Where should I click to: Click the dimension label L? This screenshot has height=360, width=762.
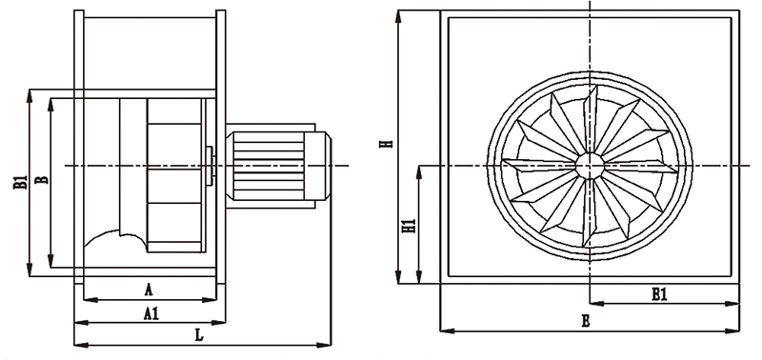[198, 334]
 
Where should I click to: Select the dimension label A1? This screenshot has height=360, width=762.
[151, 314]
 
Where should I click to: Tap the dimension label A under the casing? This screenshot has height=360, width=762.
[149, 290]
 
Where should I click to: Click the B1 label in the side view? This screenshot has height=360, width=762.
[20, 182]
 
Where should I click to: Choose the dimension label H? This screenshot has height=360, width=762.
[387, 144]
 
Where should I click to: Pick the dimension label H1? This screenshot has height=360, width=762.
[411, 226]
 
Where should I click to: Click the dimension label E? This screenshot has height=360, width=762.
[586, 321]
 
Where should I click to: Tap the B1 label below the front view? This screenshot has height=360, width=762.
[659, 294]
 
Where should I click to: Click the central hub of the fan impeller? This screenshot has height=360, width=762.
[590, 166]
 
